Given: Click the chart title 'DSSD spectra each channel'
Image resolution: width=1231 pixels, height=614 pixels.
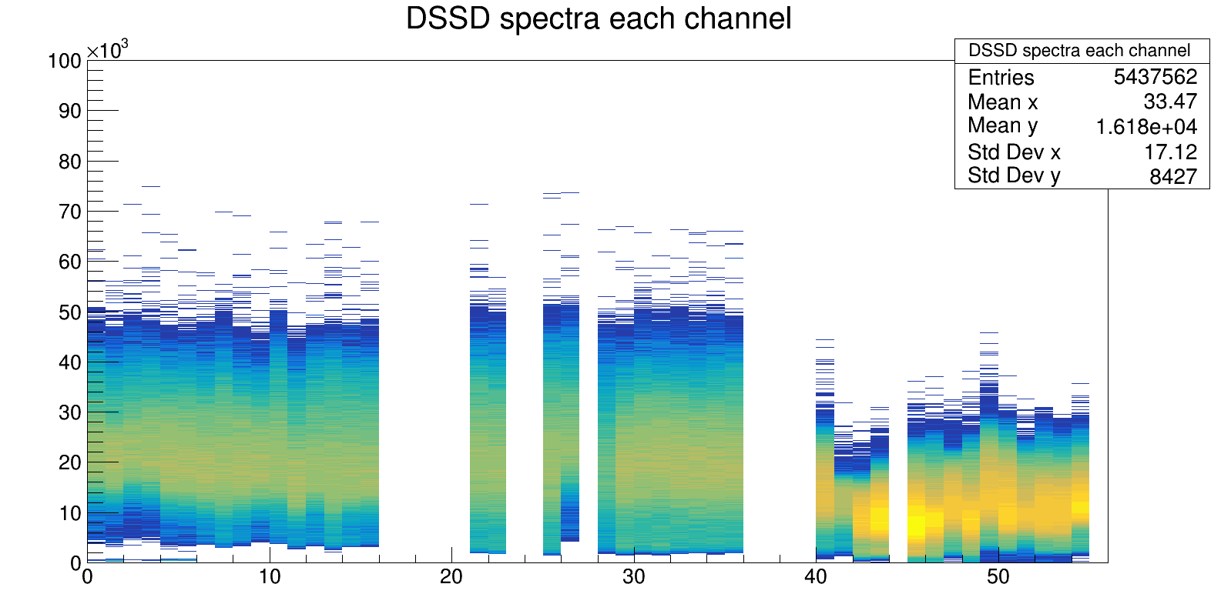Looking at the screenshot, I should (599, 18).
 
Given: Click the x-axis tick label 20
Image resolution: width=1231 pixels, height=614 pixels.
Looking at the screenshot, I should (451, 576).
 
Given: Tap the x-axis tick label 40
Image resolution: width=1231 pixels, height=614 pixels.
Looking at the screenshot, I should (816, 576).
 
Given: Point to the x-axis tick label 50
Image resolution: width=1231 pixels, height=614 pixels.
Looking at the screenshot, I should (998, 576).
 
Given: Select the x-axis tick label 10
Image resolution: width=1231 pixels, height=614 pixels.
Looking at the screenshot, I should (270, 576).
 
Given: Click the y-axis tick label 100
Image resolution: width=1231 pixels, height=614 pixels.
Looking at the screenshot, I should (65, 61).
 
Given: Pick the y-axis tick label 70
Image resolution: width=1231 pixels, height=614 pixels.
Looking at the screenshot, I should (69, 212).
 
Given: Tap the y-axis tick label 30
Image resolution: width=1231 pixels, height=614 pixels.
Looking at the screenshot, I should (69, 412).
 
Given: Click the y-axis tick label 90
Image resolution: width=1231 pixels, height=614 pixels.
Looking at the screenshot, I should (69, 111).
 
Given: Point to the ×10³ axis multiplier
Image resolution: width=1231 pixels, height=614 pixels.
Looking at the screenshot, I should (107, 51).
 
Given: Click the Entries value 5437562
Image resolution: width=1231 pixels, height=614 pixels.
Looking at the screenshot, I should (1156, 77).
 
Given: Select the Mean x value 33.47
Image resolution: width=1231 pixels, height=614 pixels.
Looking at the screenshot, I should (1170, 102).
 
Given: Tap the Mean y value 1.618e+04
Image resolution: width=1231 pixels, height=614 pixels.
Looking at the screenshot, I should (1146, 127).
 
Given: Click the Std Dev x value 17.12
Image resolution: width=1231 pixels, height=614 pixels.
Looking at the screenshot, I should (1170, 152).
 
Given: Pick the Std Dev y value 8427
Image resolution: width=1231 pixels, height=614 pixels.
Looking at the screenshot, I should (1173, 177).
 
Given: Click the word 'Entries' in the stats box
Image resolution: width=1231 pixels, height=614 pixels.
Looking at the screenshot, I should (1001, 78).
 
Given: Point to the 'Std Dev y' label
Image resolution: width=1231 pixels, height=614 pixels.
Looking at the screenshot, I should (1014, 176).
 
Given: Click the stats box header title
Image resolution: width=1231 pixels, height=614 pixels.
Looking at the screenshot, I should (1079, 51).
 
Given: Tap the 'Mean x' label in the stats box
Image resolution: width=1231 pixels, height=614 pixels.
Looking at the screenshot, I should (1003, 102).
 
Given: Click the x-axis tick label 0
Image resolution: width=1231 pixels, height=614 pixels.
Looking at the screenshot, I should (87, 576).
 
